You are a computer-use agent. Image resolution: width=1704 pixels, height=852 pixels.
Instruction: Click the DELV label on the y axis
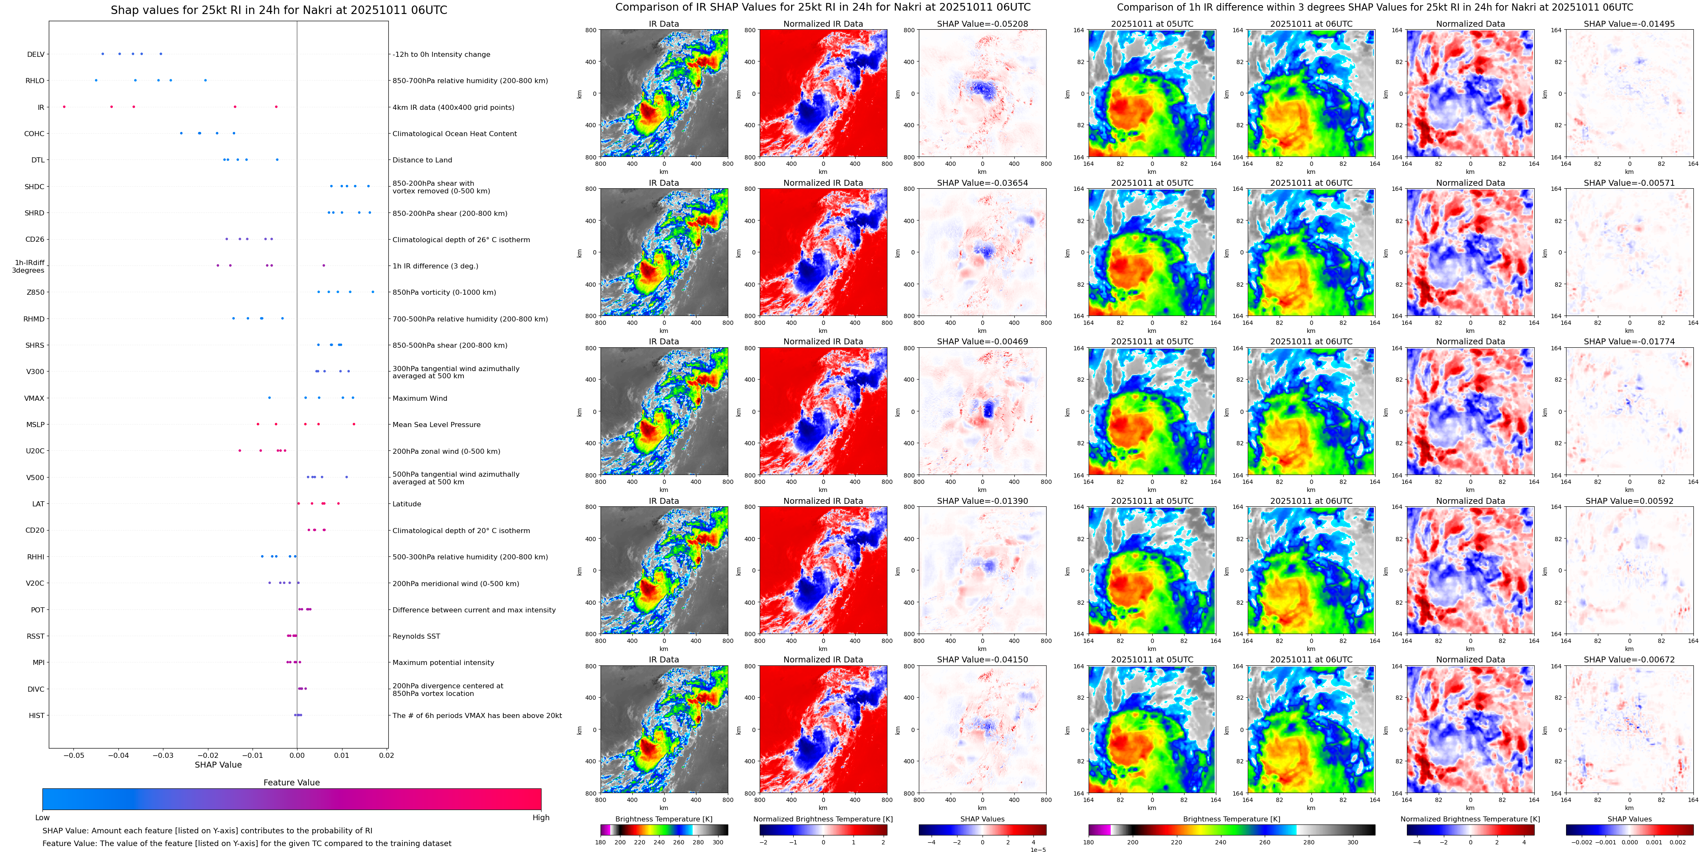(36, 54)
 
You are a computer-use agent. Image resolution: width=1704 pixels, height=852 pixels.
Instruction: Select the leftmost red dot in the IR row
(64, 106)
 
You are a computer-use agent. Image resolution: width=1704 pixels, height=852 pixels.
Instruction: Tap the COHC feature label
(34, 134)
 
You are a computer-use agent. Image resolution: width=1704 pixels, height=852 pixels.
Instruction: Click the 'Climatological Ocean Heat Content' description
(455, 134)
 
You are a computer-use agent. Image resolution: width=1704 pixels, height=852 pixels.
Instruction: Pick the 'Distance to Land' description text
(422, 160)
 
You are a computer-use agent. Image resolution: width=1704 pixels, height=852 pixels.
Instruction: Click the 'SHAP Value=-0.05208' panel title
(983, 24)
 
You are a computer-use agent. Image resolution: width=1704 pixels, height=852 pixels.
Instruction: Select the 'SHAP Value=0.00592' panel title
(1629, 501)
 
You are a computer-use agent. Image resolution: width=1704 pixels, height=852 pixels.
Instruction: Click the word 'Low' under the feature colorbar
(42, 818)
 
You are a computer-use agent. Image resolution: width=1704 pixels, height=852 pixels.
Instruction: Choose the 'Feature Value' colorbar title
(291, 782)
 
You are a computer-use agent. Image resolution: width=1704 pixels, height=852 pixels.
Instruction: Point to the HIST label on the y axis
(36, 715)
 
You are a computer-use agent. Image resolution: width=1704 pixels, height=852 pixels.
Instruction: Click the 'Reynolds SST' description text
(416, 636)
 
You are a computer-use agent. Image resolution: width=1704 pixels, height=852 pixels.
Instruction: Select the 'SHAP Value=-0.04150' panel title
(983, 659)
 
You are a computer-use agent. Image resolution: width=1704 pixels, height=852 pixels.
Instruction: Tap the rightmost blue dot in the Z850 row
(373, 291)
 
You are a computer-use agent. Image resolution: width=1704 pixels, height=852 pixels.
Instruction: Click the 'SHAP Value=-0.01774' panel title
(1629, 342)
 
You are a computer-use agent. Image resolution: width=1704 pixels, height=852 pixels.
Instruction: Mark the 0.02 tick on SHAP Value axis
(386, 755)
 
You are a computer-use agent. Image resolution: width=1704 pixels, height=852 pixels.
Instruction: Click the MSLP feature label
(35, 425)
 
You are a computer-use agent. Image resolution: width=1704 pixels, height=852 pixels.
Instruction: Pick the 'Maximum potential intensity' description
(443, 662)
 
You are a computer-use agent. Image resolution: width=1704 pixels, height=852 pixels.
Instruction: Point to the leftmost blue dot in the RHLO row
(96, 80)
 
